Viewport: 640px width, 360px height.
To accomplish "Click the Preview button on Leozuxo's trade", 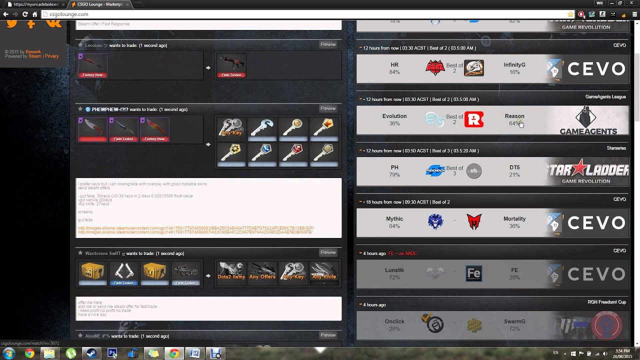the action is coord(328,44).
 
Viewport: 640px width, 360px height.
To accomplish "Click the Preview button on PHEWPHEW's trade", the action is coord(328,108).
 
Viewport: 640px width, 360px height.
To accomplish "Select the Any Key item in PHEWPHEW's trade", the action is coord(231,127).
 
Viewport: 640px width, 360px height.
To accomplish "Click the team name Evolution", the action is coord(394,116).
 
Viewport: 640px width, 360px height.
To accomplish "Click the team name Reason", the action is coord(514,116).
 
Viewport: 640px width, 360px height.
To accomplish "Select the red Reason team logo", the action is coord(474,119).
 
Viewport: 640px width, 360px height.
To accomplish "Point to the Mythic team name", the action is coord(394,218).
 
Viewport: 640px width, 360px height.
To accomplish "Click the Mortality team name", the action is coord(514,218).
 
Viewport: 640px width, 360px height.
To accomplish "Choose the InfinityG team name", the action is coord(514,64).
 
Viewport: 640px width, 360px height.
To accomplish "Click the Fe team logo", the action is coord(473,273).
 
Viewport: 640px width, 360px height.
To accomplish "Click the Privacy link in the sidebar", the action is coord(52,56).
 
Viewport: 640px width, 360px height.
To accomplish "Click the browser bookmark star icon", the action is coord(570,14).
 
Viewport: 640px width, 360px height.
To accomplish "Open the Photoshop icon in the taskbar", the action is coord(112,353).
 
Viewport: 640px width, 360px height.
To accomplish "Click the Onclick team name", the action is coord(394,321).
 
